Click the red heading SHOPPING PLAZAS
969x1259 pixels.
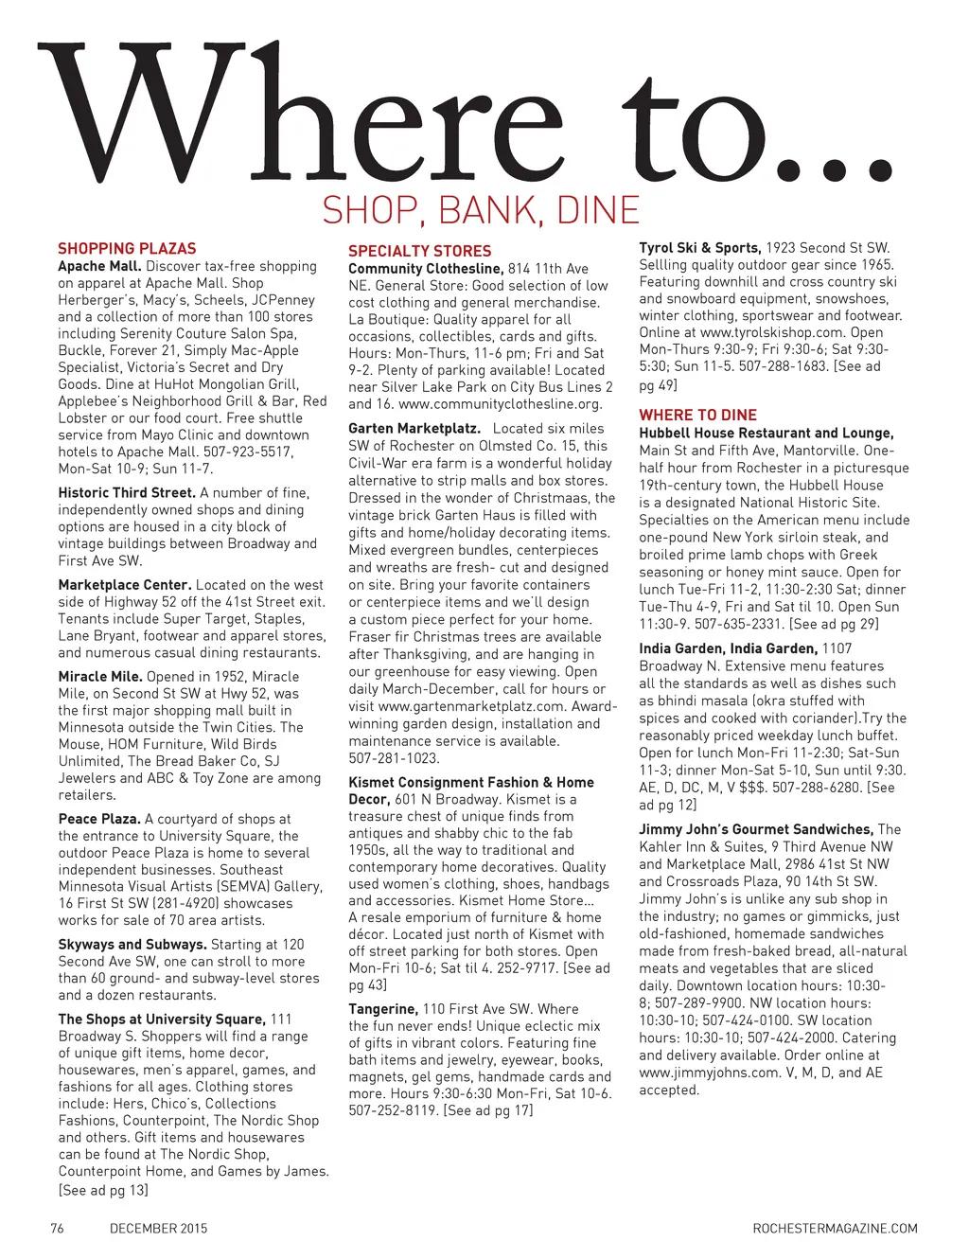pyautogui.click(x=127, y=249)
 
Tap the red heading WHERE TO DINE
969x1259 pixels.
pyautogui.click(x=697, y=415)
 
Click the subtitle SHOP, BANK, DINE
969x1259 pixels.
pyautogui.click(x=482, y=210)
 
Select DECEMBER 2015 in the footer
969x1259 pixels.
pyautogui.click(x=159, y=1229)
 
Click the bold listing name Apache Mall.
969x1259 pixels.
pyautogui.click(x=99, y=266)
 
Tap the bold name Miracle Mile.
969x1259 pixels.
pyautogui.click(x=100, y=676)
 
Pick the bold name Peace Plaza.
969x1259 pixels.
pyautogui.click(x=99, y=819)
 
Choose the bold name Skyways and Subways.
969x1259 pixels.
pyautogui.click(x=132, y=944)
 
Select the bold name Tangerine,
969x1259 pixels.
pyautogui.click(x=383, y=1009)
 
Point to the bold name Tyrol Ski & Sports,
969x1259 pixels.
pyautogui.click(x=700, y=248)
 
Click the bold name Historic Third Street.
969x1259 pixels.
pyautogui.click(x=127, y=492)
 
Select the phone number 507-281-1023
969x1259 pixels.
pyautogui.click(x=394, y=758)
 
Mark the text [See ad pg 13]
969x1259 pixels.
pyautogui.click(x=103, y=1189)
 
